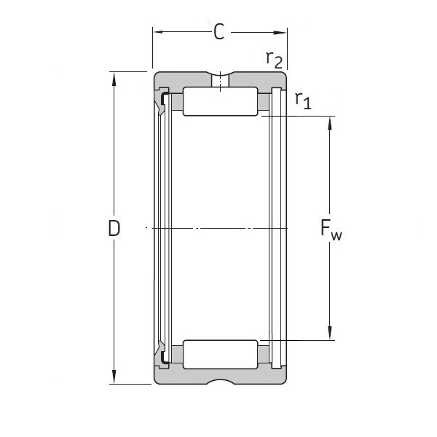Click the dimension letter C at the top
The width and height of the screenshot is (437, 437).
pos(219,32)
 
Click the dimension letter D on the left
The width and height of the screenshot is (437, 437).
pos(114,229)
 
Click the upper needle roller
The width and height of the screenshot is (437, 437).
pos(220,101)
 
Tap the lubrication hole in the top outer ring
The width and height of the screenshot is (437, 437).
pos(220,79)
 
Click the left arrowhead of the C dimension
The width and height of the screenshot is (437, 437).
pos(157,32)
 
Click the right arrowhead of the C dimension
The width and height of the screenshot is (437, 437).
pos(282,32)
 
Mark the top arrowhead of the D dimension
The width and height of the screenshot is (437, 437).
pos(114,77)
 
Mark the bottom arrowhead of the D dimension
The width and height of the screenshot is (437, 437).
pos(114,378)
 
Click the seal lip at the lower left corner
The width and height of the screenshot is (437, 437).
pos(158,348)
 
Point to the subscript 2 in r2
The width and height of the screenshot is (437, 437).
pos(279,63)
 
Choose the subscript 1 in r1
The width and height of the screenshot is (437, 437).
pos(307,104)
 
